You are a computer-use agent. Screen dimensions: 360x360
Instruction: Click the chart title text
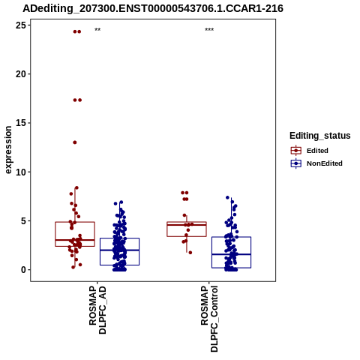tap(153, 8)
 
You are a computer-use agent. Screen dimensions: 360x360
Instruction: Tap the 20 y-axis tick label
tap(20, 74)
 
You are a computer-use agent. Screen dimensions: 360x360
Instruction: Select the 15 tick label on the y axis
tap(20, 123)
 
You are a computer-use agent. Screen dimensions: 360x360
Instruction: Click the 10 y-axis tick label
tap(20, 172)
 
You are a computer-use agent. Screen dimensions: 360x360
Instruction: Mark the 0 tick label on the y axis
tap(23, 270)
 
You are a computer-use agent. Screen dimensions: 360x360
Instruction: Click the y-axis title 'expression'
tap(8, 150)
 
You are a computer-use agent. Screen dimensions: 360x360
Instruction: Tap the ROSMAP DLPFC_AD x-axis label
tap(97, 310)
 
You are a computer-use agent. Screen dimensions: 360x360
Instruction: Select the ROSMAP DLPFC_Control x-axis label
tap(209, 319)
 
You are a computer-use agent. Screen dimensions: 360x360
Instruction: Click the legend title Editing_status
tap(320, 136)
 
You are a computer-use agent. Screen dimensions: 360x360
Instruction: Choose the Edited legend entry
tap(310, 151)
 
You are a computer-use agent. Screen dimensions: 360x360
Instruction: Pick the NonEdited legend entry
tap(316, 163)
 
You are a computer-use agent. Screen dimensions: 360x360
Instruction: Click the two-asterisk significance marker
tap(97, 30)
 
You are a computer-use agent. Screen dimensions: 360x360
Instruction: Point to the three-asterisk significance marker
tap(209, 30)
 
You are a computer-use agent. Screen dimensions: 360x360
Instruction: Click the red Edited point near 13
tap(75, 142)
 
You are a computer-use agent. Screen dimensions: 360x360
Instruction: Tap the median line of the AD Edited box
tap(75, 240)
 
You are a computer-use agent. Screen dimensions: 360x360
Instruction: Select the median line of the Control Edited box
tap(187, 225)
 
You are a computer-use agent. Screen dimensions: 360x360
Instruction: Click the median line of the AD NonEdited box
tap(119, 250)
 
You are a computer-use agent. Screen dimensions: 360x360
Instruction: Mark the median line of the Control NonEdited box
tap(232, 254)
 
